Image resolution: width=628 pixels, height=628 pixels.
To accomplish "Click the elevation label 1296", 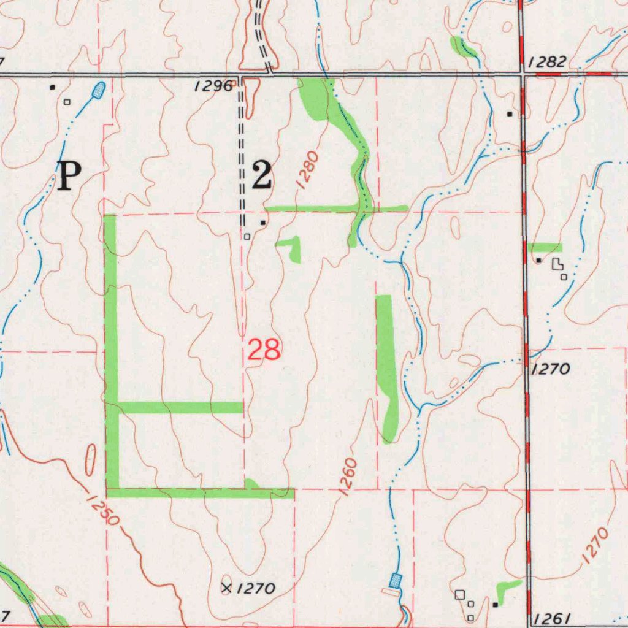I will point(213,86).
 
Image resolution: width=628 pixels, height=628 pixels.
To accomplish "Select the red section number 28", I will point(264,350).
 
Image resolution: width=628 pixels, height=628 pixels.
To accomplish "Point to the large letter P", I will point(69,176).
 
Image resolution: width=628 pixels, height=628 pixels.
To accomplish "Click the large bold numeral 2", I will point(262,175).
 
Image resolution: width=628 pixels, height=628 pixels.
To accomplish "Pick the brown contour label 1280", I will point(307,170).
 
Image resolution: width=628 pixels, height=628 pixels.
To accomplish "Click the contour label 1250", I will point(102,510).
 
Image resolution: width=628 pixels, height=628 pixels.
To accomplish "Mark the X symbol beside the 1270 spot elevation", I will point(227,589).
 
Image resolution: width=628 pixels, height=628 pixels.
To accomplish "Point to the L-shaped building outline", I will point(557,264).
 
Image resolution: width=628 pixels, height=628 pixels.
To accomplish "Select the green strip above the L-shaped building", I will point(545,247).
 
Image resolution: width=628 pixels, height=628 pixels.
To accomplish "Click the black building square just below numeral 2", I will point(263,223).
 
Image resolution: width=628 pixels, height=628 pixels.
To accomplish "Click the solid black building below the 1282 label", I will point(510,114).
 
